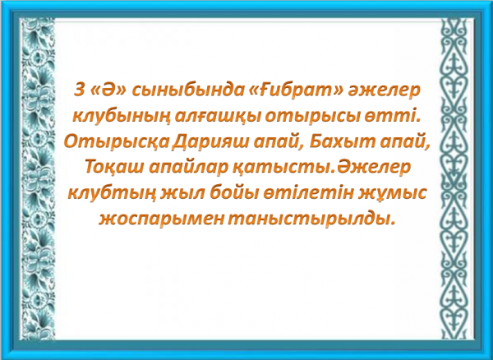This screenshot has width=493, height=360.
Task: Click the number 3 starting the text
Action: tap(80, 90)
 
